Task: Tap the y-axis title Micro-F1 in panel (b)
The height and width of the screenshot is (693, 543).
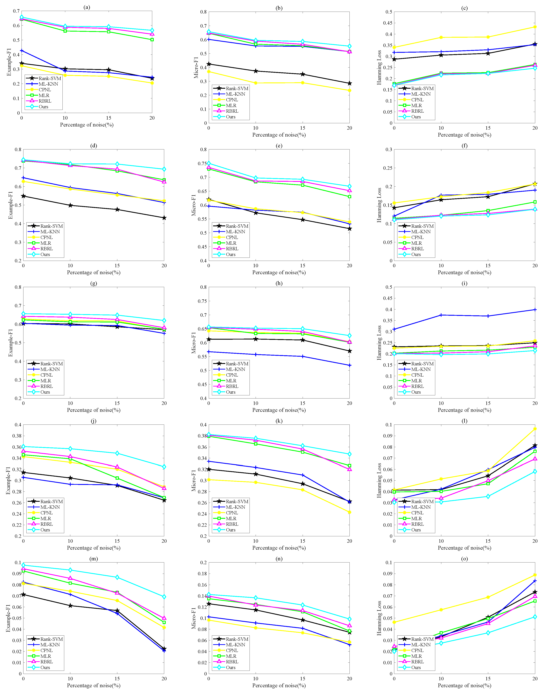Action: pos(196,67)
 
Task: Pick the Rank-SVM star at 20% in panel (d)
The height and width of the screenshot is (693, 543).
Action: pos(164,218)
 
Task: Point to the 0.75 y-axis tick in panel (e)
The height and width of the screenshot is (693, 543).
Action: pos(202,163)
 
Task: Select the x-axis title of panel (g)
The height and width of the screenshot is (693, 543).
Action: pos(94,410)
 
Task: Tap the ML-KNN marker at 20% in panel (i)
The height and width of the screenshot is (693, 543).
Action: pos(535,310)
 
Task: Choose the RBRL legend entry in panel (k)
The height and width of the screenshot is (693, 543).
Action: pos(232,524)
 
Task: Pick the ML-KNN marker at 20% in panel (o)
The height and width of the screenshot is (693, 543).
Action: pos(535,581)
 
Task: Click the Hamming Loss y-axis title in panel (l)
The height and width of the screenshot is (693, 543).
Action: pos(379,480)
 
